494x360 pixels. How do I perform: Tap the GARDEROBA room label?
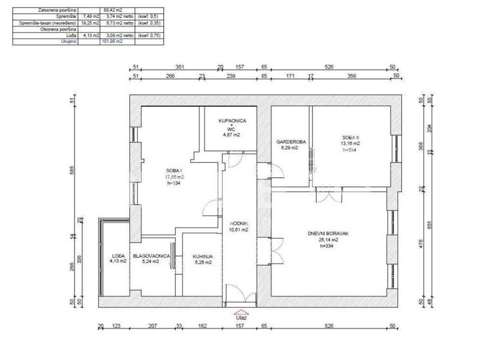(290, 141)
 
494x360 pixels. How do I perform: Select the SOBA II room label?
(349, 138)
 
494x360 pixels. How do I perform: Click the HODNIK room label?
(239, 223)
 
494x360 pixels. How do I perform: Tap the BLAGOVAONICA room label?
(151, 256)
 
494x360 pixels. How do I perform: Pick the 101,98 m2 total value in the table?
(112, 41)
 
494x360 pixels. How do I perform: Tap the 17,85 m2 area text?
(174, 176)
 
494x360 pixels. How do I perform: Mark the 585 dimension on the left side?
(73, 170)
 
